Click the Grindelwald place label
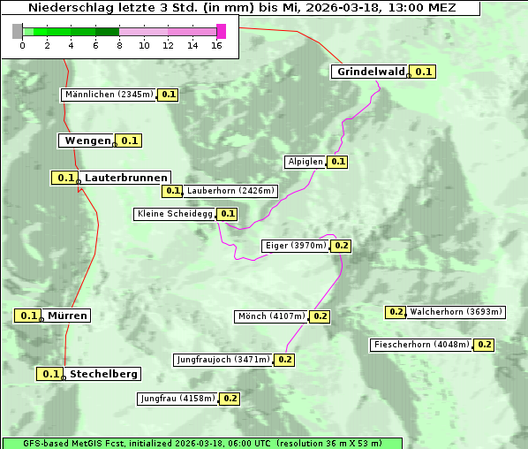pos(370,72)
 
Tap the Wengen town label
pos(87,141)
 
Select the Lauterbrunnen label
pos(125,178)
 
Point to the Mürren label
pos(67,316)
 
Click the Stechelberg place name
pos(103,374)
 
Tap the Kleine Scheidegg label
pos(175,214)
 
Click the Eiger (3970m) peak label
pos(295,246)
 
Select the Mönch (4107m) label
pos(271,316)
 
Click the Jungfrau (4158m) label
pos(177,399)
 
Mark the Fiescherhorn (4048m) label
pos(421,345)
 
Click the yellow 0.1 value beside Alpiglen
pos(338,162)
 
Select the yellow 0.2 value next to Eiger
pos(342,246)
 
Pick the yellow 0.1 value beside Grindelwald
pos(424,72)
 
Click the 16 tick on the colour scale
pos(216,45)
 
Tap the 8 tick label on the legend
pos(119,45)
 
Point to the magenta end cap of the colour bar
pos(221,32)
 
